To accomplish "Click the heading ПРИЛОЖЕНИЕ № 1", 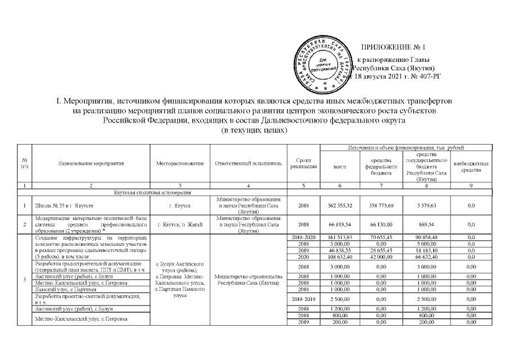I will [394, 47].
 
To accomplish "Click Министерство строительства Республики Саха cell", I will [248, 279].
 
